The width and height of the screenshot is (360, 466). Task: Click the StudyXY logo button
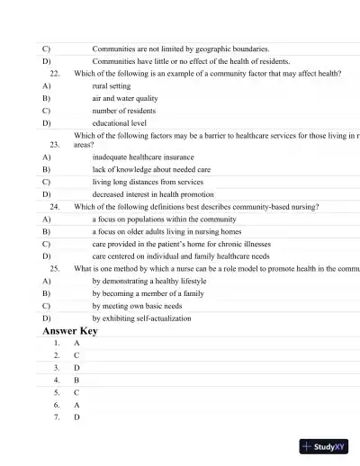(325, 446)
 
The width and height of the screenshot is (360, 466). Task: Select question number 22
(55, 73)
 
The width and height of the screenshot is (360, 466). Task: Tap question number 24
(55, 206)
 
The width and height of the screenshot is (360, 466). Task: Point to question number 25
(55, 268)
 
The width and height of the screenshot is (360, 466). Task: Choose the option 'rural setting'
(112, 85)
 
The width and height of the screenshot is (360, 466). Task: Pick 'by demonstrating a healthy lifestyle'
(148, 281)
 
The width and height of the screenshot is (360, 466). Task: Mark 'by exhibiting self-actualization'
(141, 318)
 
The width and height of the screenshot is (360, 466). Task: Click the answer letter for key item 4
(77, 381)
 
